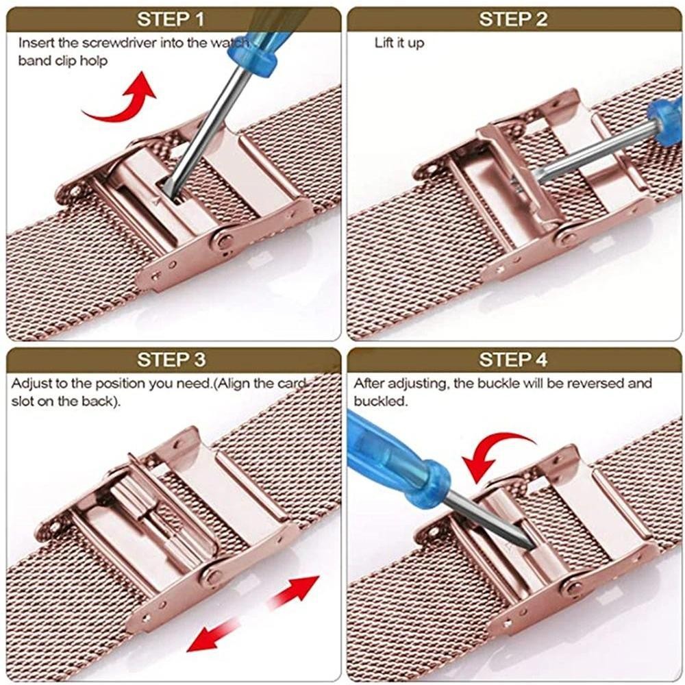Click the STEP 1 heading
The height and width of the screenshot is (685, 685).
(x=171, y=19)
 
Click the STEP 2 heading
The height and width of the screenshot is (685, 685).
(x=513, y=19)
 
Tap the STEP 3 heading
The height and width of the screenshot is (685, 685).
(x=171, y=360)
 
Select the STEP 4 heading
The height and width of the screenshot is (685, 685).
(x=513, y=360)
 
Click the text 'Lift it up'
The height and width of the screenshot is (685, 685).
(x=399, y=42)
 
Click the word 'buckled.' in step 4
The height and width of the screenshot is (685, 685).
(x=380, y=401)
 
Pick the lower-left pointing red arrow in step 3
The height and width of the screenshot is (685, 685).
(x=213, y=634)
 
